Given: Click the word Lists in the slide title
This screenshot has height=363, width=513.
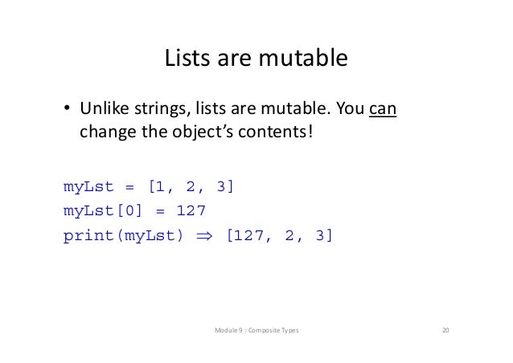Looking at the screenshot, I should (x=185, y=59).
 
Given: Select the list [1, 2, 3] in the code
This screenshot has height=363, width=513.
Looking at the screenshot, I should (x=191, y=187).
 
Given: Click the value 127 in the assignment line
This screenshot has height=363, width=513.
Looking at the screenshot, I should (x=191, y=211).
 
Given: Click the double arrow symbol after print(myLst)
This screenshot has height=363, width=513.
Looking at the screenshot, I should (x=207, y=236).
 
